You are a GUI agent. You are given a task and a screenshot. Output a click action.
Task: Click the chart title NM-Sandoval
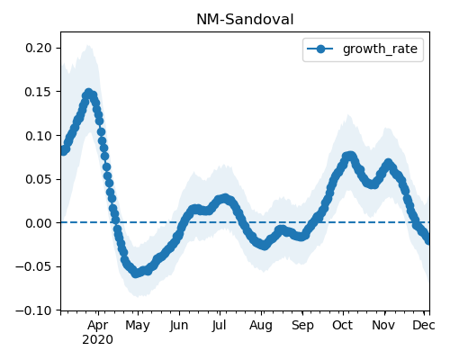click(245, 20)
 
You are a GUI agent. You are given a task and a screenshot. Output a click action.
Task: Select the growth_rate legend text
click(380, 49)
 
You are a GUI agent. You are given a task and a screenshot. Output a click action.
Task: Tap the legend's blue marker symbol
click(320, 49)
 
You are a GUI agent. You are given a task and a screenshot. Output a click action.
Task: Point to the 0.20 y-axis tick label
click(39, 48)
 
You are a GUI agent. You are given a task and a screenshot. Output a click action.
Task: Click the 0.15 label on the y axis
click(39, 92)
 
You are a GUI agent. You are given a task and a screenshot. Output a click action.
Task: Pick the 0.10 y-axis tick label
click(39, 136)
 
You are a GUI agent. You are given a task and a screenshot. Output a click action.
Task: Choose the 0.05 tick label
click(39, 179)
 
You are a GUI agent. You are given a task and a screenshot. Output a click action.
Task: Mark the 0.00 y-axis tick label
click(39, 223)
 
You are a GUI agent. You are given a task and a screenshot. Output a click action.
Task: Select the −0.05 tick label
click(34, 266)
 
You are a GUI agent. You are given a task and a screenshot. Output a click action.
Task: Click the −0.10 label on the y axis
click(34, 310)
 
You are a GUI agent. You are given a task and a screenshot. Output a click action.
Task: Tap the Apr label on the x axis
click(98, 326)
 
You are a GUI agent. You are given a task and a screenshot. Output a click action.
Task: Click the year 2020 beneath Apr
click(98, 340)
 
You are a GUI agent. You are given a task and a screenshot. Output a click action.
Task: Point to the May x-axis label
click(138, 326)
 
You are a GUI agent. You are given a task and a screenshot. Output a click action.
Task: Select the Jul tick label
click(220, 326)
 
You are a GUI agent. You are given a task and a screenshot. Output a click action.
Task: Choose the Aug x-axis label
click(261, 326)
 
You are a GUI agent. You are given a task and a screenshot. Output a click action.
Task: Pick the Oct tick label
click(343, 325)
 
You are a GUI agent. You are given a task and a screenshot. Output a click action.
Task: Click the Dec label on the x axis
click(424, 325)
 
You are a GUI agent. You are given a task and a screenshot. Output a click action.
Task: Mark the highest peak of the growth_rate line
click(88, 93)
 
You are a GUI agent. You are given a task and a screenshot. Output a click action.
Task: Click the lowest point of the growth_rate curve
click(136, 274)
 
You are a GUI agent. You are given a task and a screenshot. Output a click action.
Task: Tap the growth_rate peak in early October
click(350, 157)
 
